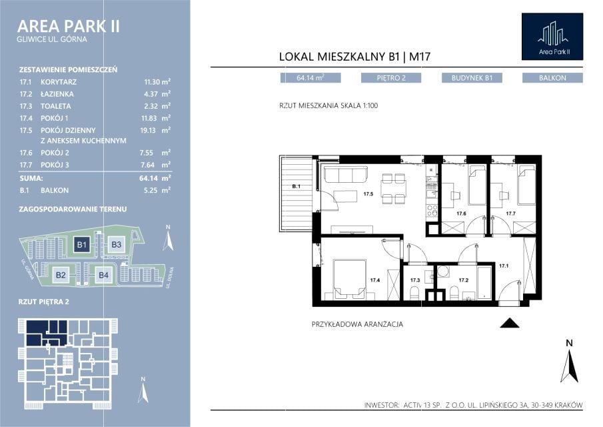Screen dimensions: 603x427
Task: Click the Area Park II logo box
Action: [x=552, y=37]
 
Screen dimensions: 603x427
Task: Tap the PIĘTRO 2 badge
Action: [x=391, y=78]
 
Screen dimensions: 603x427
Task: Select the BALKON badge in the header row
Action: [x=552, y=78]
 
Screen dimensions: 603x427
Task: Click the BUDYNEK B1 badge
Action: [x=472, y=78]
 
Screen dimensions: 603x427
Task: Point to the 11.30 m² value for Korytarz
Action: [x=157, y=82]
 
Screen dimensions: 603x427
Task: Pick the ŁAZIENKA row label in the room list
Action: [x=57, y=94]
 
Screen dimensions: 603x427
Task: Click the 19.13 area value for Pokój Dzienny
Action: [x=148, y=131]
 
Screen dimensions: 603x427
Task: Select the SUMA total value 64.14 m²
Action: [x=155, y=178]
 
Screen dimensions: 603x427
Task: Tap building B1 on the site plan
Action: [x=81, y=244]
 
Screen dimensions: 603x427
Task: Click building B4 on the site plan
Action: [x=103, y=275]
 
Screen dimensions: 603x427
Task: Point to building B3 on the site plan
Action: [x=116, y=244]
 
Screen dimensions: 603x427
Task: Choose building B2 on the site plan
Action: [x=61, y=275]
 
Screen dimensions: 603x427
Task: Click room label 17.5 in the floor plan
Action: [x=368, y=194]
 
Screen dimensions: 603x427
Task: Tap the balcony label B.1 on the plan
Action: [x=296, y=186]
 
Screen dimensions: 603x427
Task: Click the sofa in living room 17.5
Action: [x=346, y=174]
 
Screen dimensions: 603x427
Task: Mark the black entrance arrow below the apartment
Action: [x=510, y=323]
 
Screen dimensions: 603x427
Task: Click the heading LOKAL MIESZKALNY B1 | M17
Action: [x=354, y=57]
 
